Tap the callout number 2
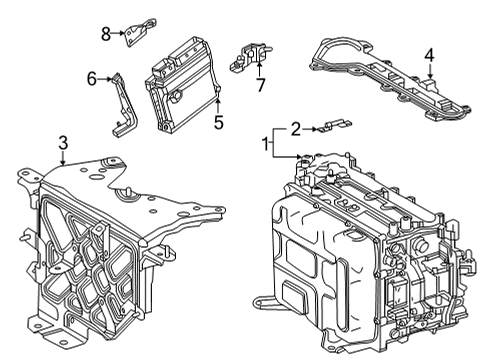tap(294, 127)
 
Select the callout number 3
tap(62, 145)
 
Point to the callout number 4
tap(428, 56)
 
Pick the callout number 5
tap(218, 123)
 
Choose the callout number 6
tap(92, 77)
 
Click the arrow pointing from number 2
tap(311, 127)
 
